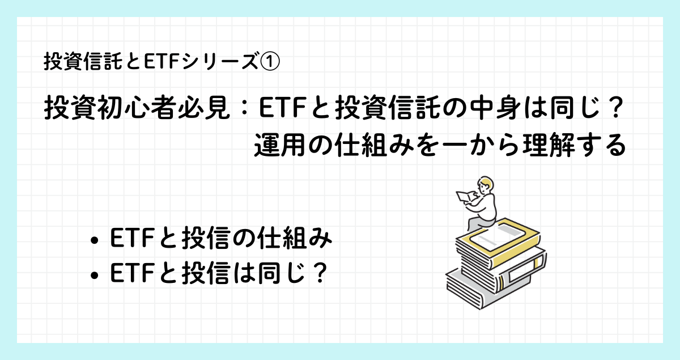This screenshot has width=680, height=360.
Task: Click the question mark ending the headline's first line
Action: point(613,107)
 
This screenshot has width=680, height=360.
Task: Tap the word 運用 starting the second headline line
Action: point(279,145)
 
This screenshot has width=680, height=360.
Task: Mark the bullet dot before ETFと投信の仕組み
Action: point(95,240)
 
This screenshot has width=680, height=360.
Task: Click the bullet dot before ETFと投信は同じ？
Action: point(95,276)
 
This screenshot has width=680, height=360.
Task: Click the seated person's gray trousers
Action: point(479,223)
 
